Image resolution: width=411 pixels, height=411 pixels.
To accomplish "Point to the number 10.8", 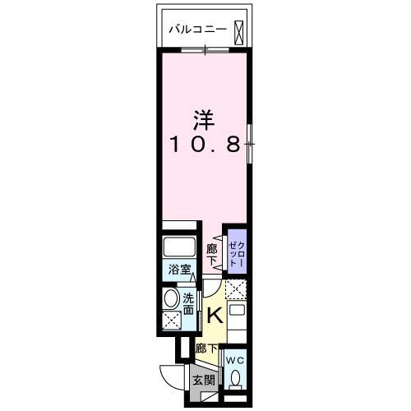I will coord(205,146).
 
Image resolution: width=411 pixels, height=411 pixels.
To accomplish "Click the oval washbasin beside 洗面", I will coord(171,299).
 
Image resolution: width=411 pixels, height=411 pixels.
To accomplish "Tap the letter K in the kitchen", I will coord(213,313).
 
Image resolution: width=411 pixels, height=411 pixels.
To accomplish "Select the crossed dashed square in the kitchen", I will coord(236,289).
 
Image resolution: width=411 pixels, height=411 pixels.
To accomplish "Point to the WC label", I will coord(234,359).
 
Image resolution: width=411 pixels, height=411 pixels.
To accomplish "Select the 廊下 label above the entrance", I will coord(206,349).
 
